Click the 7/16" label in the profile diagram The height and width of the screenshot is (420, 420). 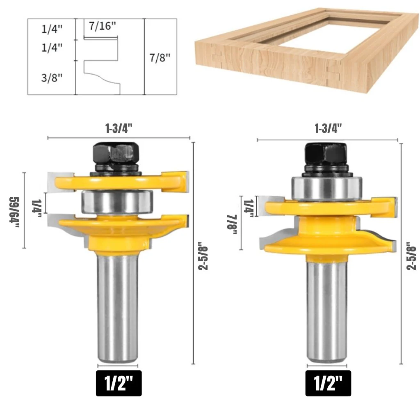103,26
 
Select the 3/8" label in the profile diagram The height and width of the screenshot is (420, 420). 52,78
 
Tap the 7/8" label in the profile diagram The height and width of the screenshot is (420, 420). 160,57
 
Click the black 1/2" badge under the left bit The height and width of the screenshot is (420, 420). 119,383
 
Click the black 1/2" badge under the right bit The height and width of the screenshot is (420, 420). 328,383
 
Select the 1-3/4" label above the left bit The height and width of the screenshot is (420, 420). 119,129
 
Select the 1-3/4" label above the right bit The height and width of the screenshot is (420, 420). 329,129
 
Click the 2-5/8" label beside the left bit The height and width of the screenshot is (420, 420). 203,258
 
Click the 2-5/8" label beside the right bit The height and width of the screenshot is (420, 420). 411,256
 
